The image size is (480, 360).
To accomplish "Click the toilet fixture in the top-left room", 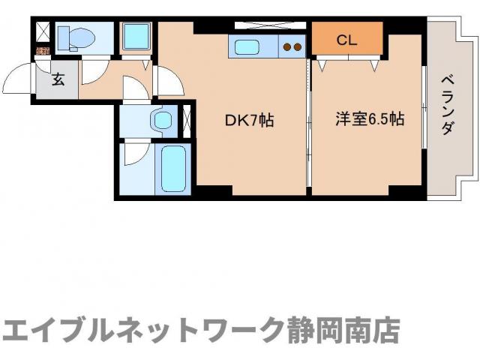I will (73, 36).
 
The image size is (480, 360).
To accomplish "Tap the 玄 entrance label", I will (58, 79).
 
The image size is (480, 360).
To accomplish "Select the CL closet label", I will (346, 40).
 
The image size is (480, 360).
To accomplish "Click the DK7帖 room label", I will (249, 119).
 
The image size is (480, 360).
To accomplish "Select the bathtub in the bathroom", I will (173, 169).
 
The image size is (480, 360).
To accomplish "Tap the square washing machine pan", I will (136, 35).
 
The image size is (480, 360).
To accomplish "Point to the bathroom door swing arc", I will (135, 153).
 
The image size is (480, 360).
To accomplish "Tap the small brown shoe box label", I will (42, 51).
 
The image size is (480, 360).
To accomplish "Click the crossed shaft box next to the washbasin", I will (187, 120).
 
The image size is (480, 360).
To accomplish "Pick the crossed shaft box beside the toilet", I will (41, 33).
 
